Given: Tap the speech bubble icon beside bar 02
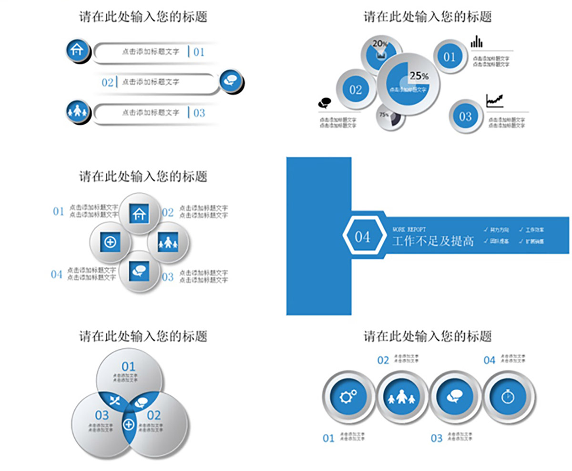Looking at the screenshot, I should coord(231,80).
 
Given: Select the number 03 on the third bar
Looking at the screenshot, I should coord(199,113).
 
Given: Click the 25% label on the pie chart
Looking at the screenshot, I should coord(419,76).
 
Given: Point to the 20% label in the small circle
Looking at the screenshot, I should coord(379,44).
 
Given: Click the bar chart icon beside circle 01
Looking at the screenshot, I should coord(476,42).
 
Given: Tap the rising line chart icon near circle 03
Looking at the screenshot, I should coord(494,101).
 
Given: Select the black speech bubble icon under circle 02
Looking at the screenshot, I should coord(325,103).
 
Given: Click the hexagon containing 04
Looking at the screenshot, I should coord(363,236).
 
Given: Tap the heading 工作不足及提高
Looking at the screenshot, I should coord(433,241).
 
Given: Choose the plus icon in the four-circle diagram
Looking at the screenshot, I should coord(110,242).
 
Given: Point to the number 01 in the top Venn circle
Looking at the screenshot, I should coord(129,366).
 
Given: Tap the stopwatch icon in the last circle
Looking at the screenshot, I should coord(509,396).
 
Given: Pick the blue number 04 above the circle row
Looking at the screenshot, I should coord(490,360).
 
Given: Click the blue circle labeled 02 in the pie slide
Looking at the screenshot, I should coord(356,90).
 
